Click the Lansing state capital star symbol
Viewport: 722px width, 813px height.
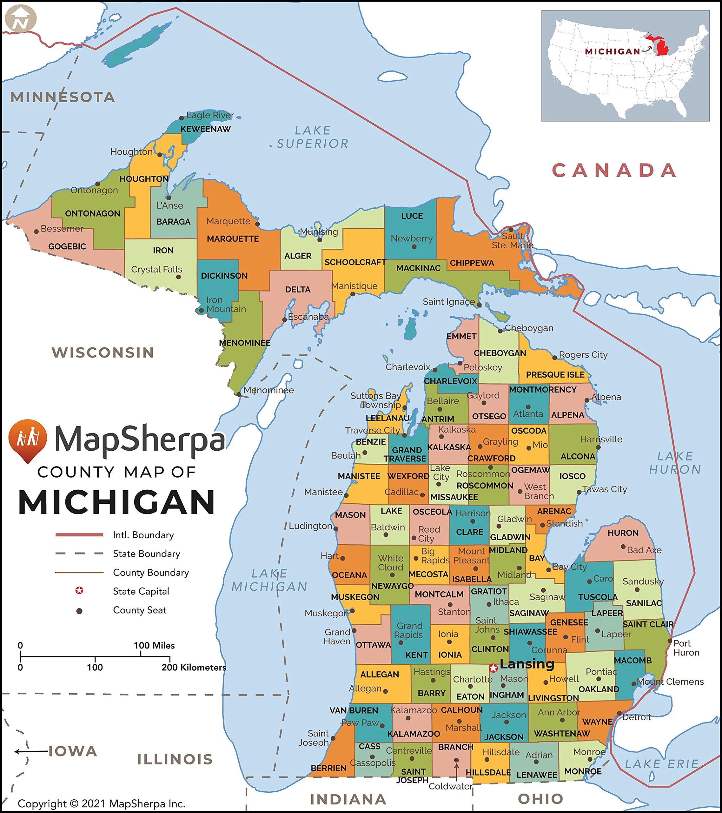[x=493, y=668]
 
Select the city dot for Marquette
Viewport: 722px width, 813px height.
[x=257, y=224]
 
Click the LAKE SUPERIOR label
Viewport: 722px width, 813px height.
[x=313, y=137]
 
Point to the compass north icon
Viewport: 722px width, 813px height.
[x=21, y=19]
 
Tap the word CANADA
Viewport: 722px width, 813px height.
[x=614, y=170]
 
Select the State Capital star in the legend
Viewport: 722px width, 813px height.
[x=79, y=591]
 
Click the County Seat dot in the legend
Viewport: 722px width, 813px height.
[x=79, y=611]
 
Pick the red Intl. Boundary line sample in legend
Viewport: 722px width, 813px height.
[x=79, y=534]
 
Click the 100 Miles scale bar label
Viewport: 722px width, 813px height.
[x=154, y=645]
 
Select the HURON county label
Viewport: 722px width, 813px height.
[x=623, y=533]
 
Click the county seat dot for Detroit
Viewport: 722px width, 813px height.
[x=619, y=713]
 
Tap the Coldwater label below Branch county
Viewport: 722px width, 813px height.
[x=450, y=786]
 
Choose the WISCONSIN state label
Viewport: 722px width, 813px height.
[x=103, y=353]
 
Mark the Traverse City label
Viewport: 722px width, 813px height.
[x=372, y=430]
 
